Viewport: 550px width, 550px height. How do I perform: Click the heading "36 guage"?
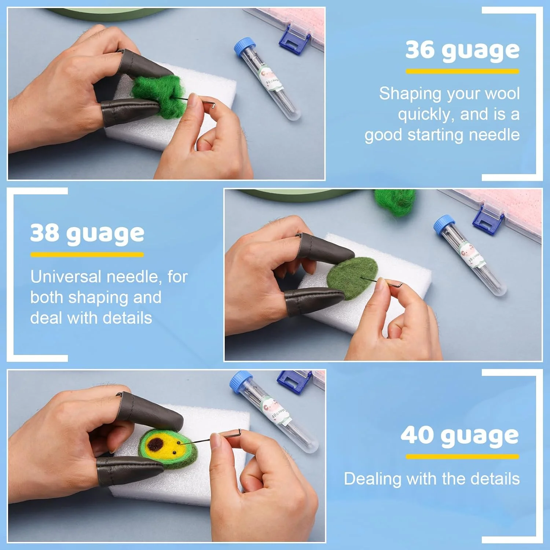[x=462, y=50]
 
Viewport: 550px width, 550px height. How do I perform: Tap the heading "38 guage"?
[x=87, y=234]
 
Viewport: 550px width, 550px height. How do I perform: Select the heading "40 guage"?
[x=460, y=436]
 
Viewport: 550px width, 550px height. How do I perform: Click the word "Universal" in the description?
[x=66, y=276]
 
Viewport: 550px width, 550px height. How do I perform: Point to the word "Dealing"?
[x=373, y=479]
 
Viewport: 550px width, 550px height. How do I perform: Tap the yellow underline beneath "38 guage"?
[x=87, y=254]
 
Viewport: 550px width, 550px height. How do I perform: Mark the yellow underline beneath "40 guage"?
[x=462, y=456]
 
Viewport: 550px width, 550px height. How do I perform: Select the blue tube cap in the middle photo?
[x=444, y=224]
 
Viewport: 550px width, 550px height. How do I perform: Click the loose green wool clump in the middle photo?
[x=395, y=202]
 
